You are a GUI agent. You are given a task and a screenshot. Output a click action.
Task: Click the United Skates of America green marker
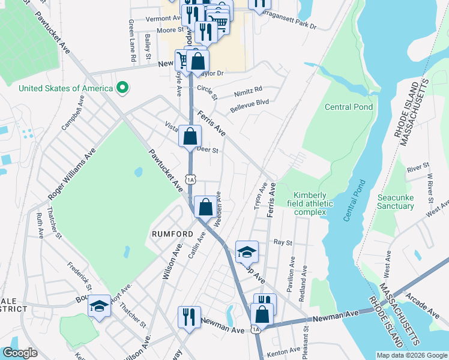click(122, 88)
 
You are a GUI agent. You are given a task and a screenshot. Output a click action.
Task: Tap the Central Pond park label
click(349, 107)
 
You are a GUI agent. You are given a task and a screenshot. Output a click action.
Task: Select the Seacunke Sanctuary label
click(396, 202)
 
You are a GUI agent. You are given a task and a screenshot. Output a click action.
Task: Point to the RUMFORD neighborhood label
click(173, 234)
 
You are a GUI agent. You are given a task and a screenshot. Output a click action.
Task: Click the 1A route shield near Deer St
click(190, 179)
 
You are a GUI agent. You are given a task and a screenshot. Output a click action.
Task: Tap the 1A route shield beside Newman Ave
click(256, 329)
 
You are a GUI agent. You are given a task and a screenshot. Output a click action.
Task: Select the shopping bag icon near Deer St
click(190, 136)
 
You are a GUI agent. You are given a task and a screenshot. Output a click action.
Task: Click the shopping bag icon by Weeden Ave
click(205, 207)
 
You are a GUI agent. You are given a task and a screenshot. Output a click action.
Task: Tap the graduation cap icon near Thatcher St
click(100, 306)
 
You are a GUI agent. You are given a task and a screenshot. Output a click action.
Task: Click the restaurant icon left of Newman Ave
click(189, 317)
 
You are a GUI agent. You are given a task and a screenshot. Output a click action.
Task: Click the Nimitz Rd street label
click(250, 89)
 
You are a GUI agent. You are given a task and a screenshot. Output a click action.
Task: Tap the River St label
click(418, 164)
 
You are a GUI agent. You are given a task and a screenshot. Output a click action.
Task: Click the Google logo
click(20, 353)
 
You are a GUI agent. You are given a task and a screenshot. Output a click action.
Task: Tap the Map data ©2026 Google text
click(411, 355)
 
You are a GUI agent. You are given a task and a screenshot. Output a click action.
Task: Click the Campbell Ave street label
click(72, 115)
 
